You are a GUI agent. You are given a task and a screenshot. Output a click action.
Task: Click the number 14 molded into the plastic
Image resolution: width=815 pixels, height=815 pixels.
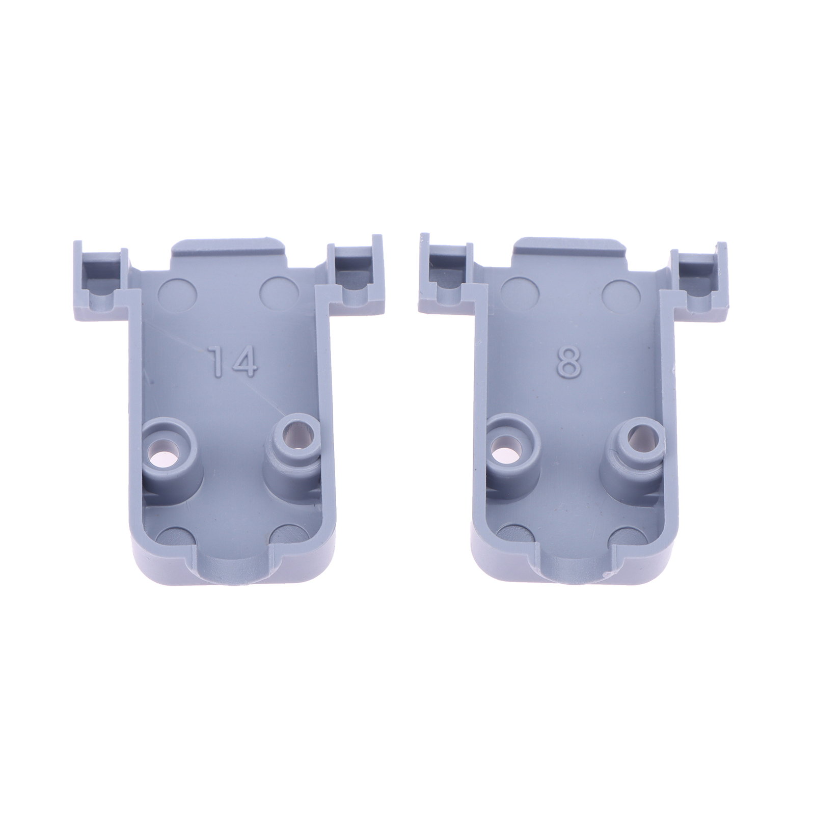tap(234, 361)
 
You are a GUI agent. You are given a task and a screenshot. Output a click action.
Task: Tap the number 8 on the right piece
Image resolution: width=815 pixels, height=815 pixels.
tap(569, 363)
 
